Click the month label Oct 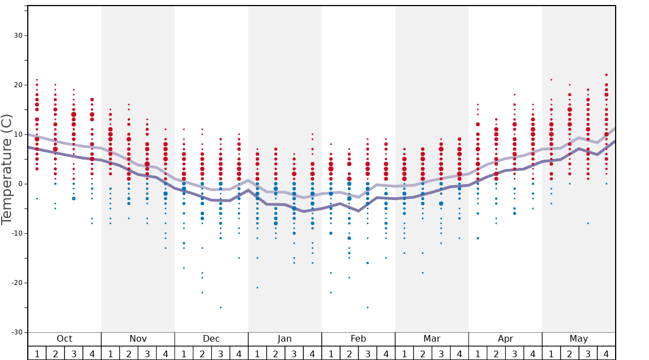(x=64, y=339)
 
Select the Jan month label (x=284, y=339)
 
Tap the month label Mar (x=432, y=339)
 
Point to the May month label (x=578, y=339)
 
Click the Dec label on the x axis (x=211, y=339)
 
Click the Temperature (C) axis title (x=7, y=169)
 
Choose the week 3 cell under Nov (x=147, y=353)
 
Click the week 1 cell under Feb (x=331, y=353)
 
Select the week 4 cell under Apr (x=533, y=353)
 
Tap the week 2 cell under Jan (x=276, y=353)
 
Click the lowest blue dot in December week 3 (x=221, y=307)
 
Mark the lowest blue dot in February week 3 (x=367, y=307)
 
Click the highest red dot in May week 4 (x=606, y=75)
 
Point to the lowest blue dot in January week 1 (x=257, y=288)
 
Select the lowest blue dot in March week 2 (x=422, y=273)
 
